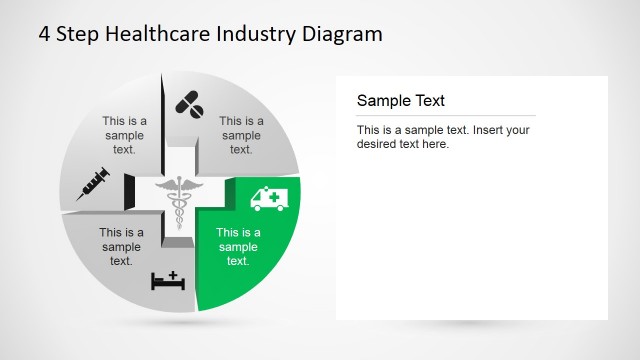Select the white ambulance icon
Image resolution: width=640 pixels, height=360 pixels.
point(267,198)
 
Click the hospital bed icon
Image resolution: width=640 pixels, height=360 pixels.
point(168,280)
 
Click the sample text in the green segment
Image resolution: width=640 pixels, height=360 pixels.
point(238,248)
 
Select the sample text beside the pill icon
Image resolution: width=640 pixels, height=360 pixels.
point(241,136)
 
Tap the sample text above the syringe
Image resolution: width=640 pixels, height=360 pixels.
point(124,135)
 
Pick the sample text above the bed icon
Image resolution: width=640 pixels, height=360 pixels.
point(121,247)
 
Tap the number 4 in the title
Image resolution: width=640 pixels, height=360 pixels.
point(45,34)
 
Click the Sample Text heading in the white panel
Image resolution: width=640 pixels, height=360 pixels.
point(400,101)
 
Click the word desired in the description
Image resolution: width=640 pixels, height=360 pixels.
point(378,144)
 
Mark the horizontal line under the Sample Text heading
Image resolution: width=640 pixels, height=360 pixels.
point(445,116)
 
